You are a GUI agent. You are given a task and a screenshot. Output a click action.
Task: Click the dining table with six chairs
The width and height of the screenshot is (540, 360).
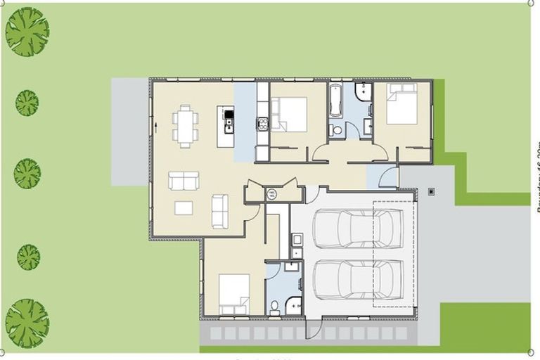185,126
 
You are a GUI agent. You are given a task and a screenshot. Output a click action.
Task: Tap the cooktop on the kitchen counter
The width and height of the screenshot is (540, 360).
262,125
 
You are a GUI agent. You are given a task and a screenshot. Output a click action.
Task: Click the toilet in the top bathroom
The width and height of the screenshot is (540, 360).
336,130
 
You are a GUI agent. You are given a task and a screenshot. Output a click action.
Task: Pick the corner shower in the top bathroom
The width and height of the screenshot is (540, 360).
364,93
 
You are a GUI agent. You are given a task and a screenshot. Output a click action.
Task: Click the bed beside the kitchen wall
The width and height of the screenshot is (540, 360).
290,114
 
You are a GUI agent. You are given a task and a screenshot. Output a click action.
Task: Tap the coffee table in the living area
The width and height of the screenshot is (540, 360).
184,208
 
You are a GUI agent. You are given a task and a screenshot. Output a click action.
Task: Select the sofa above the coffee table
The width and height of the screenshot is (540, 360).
184,181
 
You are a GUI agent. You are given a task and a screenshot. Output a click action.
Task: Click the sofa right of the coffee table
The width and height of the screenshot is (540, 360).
220,211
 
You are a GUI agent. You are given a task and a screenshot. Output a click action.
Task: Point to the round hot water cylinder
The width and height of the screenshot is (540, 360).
272,194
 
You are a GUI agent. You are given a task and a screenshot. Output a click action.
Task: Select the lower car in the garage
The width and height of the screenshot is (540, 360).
359,279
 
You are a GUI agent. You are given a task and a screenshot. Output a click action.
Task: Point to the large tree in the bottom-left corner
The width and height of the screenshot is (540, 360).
27,320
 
